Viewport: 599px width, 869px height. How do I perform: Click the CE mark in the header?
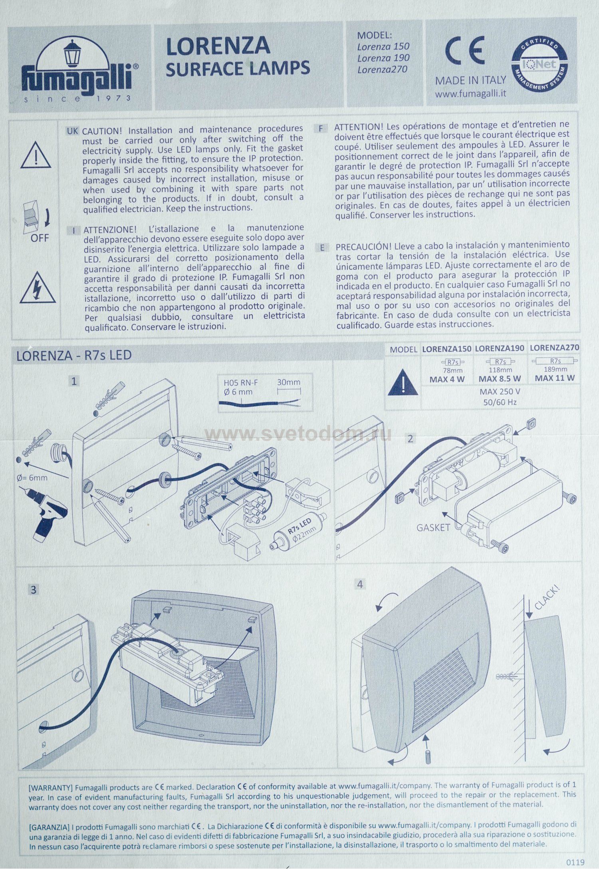tap(464, 51)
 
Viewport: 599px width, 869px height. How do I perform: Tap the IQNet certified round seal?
tap(539, 64)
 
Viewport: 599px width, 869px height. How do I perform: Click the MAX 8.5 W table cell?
tap(500, 378)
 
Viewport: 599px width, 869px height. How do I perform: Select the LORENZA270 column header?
tap(554, 348)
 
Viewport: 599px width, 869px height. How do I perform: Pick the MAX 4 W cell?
tap(447, 379)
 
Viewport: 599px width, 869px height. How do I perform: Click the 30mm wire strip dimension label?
tap(289, 382)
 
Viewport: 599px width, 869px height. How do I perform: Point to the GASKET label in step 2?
tap(433, 528)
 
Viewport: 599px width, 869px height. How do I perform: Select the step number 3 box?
tap(34, 590)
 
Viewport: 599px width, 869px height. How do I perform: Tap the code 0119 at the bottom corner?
tap(575, 862)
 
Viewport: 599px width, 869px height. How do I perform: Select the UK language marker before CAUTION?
tap(72, 131)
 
